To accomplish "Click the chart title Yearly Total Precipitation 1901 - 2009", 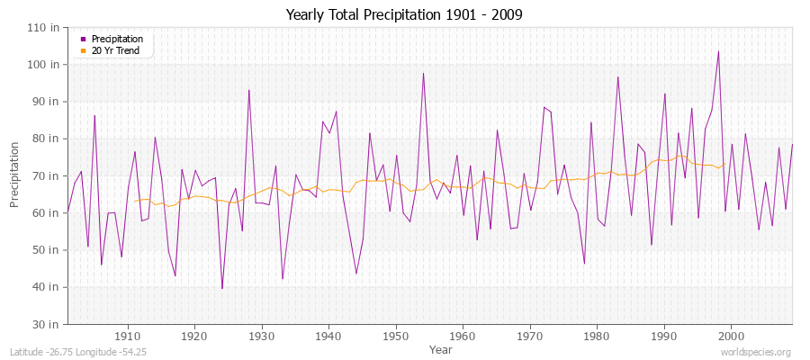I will click(404, 15).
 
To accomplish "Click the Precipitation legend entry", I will click(116, 40).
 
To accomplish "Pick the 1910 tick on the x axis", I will click(128, 336).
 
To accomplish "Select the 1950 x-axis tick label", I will click(396, 336).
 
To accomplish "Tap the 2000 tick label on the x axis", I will click(731, 336).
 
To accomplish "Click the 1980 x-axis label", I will click(597, 336).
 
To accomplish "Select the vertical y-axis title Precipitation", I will click(15, 175).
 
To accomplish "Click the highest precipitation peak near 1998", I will click(718, 51).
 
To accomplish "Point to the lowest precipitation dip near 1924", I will click(222, 288).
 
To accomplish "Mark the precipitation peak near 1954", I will click(423, 74).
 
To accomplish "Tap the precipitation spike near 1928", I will click(249, 90).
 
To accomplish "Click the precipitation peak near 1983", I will click(617, 76).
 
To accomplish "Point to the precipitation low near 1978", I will click(584, 263).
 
